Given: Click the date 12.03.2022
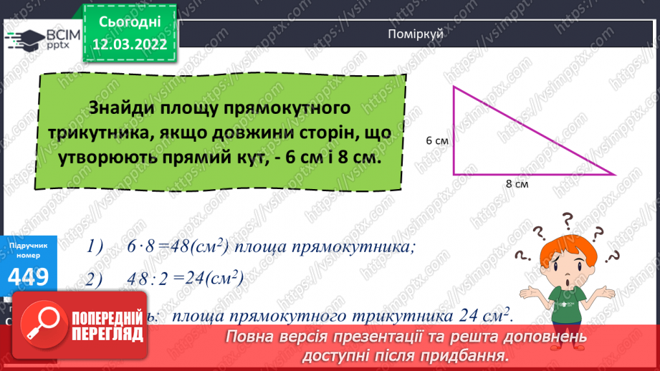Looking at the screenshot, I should click(x=131, y=44).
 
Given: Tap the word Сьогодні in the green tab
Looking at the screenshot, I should click(x=131, y=22).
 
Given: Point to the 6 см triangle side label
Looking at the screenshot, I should click(x=436, y=141).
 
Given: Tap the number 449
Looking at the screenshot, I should click(x=29, y=275).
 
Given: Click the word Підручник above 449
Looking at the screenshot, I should click(x=29, y=246).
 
